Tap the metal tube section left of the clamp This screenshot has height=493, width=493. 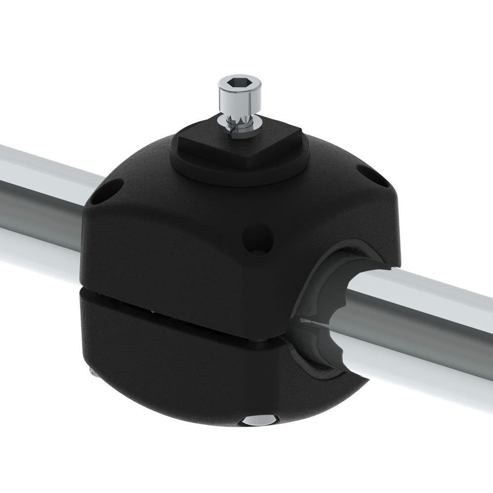39,207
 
